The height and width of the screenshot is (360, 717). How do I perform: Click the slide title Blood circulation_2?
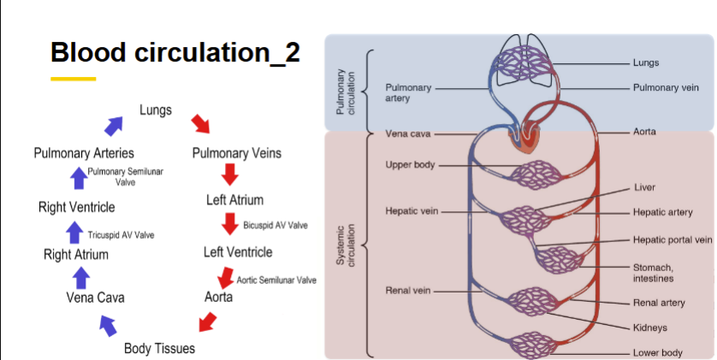(x=175, y=52)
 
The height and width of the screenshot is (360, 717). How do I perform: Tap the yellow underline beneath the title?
(x=73, y=79)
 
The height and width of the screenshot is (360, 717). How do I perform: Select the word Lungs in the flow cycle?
(x=156, y=110)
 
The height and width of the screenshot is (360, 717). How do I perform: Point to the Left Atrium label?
(x=234, y=200)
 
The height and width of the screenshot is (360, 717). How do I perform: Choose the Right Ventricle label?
(x=76, y=207)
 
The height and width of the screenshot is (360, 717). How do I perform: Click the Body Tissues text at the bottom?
(x=159, y=348)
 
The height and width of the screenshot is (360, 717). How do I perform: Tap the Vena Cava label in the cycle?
(x=95, y=298)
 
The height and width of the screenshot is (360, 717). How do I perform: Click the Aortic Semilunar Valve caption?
(x=276, y=280)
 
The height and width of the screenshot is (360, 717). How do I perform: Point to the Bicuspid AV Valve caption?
(x=276, y=226)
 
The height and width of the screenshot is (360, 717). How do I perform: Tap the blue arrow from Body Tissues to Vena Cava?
(x=109, y=325)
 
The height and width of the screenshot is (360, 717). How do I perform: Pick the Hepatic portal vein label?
(x=673, y=239)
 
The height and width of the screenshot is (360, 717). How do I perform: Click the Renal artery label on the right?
(x=658, y=303)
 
